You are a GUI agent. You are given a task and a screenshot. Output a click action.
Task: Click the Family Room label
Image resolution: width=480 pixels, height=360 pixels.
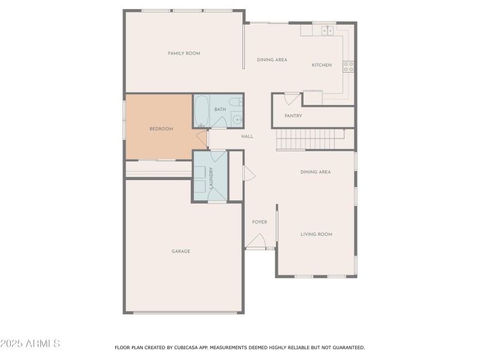pyautogui.click(x=184, y=53)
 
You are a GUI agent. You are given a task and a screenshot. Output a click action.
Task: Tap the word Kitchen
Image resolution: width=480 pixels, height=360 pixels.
pyautogui.click(x=322, y=65)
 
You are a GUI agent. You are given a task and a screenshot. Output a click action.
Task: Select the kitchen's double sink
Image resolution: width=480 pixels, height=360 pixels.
pyautogui.click(x=327, y=29)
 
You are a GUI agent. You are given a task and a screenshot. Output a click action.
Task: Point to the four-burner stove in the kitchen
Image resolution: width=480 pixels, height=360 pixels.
pyautogui.click(x=348, y=66)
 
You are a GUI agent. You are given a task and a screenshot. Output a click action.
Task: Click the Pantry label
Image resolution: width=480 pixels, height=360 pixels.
pyautogui.click(x=293, y=116)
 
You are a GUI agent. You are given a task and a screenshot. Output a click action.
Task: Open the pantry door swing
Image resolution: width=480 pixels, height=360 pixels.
pyautogui.click(x=292, y=98)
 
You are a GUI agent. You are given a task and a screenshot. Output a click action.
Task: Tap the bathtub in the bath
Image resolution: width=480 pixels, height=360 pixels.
pyautogui.click(x=202, y=110)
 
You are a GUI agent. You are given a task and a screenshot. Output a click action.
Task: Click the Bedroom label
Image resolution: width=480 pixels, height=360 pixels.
pyautogui.click(x=161, y=129)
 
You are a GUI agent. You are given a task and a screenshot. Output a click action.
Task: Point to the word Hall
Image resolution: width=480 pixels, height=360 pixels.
pyautogui.click(x=247, y=136)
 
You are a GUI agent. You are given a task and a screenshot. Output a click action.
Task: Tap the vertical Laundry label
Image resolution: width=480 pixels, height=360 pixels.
pyautogui.click(x=211, y=177)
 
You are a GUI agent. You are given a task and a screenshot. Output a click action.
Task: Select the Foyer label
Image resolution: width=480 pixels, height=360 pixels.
pyautogui.click(x=259, y=222)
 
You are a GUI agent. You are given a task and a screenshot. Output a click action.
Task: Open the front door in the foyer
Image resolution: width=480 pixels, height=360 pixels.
pyautogui.click(x=256, y=241)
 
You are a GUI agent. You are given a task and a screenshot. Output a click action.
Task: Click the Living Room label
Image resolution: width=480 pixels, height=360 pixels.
pyautogui.click(x=316, y=234)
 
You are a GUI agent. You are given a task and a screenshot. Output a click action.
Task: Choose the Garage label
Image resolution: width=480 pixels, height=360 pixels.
pyautogui.click(x=181, y=251)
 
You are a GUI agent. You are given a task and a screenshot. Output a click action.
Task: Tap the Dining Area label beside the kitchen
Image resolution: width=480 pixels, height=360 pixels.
pyautogui.click(x=272, y=59)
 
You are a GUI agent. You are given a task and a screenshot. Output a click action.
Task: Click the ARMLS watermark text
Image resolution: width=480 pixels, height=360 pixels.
pyautogui.click(x=30, y=344)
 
